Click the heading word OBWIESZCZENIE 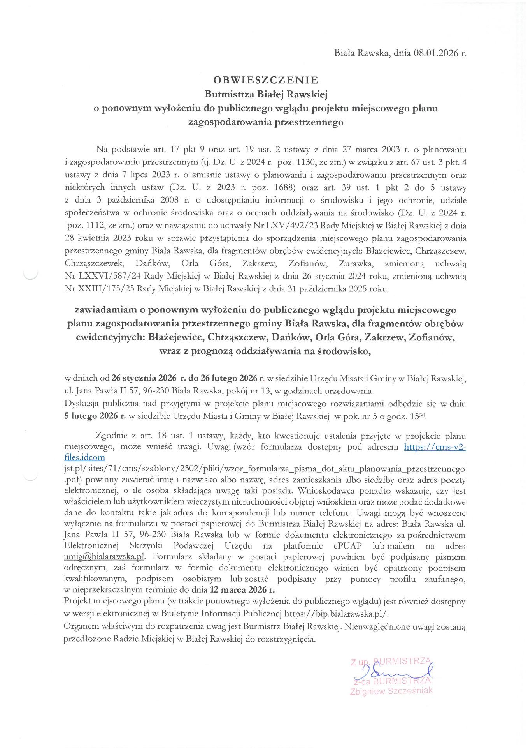266,80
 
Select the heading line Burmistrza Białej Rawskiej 266,94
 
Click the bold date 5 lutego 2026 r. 95,416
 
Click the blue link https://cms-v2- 435,447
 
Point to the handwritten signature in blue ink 393,672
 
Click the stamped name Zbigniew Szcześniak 391,691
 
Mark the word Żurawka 356,263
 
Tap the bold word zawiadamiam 105,310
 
